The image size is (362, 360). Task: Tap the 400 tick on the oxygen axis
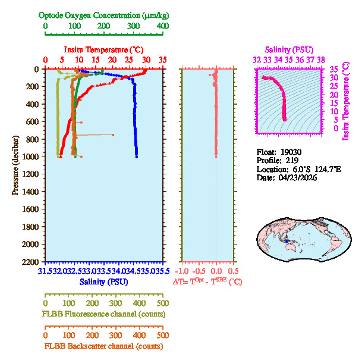tap(162, 26)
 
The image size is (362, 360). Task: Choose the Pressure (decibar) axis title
tap(15, 165)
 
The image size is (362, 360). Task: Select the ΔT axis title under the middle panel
tap(207, 281)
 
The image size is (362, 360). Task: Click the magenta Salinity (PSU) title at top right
tap(288, 49)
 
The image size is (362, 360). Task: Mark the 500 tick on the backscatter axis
tap(162, 335)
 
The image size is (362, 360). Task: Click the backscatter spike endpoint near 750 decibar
tap(113, 134)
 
